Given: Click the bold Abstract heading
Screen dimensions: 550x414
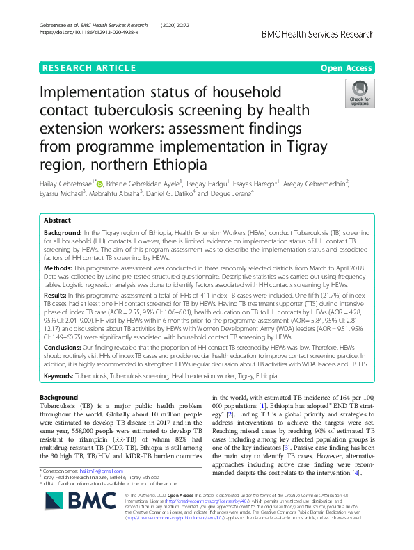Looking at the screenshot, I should [x=57, y=220].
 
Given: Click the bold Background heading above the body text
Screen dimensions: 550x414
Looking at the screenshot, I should [x=59, y=397].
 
